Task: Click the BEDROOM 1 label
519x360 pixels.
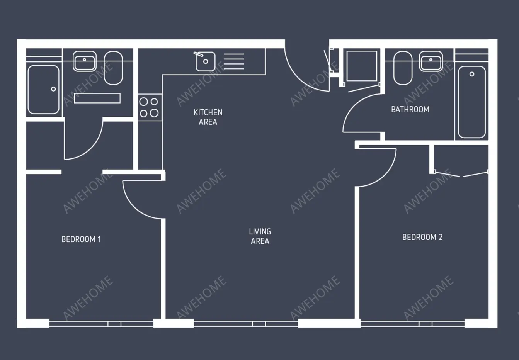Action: point(81,239)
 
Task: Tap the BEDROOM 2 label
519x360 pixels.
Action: point(422,237)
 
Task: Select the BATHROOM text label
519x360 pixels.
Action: point(410,109)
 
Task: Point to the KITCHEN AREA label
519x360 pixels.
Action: point(208,117)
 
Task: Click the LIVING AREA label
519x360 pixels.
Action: point(260,236)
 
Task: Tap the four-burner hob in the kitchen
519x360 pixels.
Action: point(149,107)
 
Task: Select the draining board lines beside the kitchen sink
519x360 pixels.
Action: point(234,61)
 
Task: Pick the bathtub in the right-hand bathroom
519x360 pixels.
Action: point(471,102)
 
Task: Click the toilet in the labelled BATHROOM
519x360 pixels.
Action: point(403,68)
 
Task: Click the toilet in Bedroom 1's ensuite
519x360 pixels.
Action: point(113,68)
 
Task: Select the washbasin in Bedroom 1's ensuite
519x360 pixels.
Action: point(85,61)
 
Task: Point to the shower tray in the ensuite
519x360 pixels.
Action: point(43,90)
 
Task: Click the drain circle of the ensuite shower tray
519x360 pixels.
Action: point(53,89)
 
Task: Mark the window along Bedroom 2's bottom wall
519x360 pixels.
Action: point(412,324)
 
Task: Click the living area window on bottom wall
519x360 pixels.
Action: point(246,324)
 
